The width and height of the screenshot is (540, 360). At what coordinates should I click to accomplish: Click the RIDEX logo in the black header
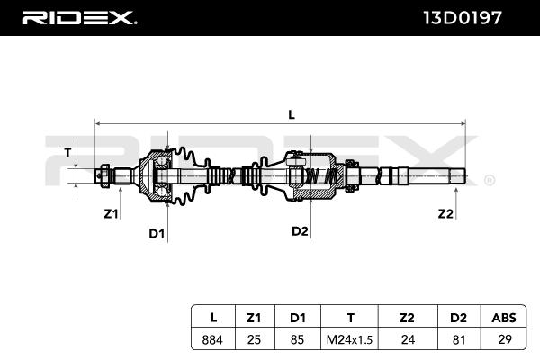[79, 18]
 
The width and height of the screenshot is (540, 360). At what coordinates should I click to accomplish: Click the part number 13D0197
[463, 18]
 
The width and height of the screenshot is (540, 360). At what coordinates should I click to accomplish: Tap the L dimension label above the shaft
[292, 114]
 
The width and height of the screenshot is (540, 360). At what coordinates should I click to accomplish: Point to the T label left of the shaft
[67, 152]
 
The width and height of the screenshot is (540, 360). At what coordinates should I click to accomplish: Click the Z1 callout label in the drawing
[111, 214]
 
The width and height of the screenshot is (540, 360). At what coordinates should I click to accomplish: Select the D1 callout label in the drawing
[157, 234]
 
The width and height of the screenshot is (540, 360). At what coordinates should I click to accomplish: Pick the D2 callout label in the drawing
[300, 231]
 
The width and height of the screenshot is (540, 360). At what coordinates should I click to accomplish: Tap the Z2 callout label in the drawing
[445, 214]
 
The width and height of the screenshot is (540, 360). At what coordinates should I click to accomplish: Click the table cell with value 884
[212, 339]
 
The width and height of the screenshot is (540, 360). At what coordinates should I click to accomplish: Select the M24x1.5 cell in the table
[349, 339]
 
